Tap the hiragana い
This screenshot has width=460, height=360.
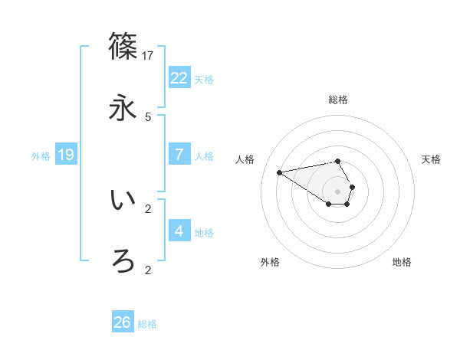[x=123, y=201]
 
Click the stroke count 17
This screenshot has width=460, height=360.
[x=148, y=55]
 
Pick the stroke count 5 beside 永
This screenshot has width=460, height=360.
[x=148, y=117]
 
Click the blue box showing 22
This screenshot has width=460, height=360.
[x=179, y=78]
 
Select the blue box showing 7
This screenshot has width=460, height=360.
[x=179, y=155]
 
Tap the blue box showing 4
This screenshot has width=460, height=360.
[x=179, y=231]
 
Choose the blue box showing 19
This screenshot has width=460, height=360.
[x=66, y=155]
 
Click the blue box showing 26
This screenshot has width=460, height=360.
[x=123, y=322]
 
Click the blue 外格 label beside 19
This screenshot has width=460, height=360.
[x=41, y=156]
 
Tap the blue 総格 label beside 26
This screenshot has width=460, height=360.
[x=147, y=324]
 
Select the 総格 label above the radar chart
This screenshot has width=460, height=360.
[x=338, y=100]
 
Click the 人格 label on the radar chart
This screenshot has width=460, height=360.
[x=246, y=159]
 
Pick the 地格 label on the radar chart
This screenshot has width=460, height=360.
[x=402, y=262]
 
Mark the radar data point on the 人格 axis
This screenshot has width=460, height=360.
[x=279, y=172]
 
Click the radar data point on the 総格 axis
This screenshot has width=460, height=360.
[x=338, y=161]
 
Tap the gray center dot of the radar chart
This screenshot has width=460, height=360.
[x=338, y=191]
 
